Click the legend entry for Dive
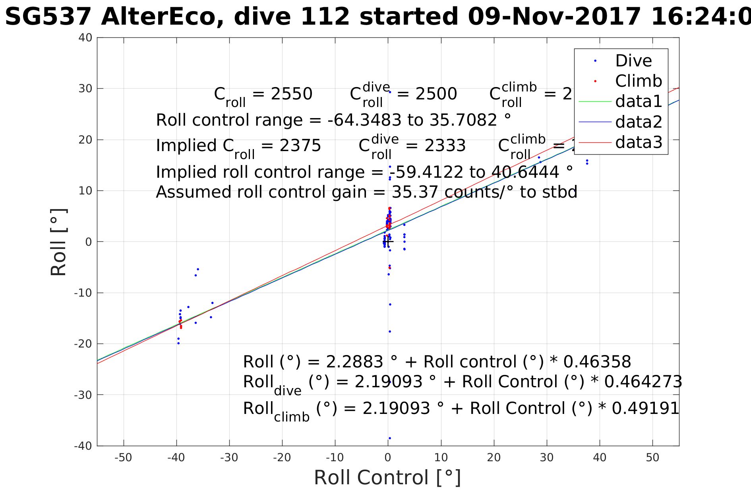point(633,61)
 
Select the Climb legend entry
point(639,81)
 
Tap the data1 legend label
point(639,101)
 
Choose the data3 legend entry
point(639,142)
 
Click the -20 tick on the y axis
point(83,344)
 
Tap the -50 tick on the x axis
point(123,458)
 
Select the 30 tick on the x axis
point(547,458)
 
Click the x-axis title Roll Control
point(387,478)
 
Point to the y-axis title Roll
point(59,242)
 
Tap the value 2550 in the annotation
point(291,94)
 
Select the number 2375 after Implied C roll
point(300,146)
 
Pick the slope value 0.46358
point(597,362)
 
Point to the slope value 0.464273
point(643,382)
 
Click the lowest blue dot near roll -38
point(389,438)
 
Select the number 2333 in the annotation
point(445,146)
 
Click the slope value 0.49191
point(645,408)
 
